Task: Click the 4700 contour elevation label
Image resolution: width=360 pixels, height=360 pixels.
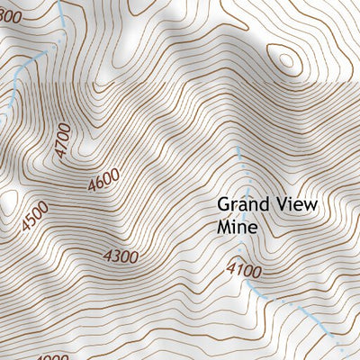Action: point(61,140)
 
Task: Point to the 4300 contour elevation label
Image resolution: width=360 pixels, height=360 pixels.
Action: point(121,256)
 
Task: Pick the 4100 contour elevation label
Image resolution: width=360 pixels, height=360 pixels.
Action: point(244,269)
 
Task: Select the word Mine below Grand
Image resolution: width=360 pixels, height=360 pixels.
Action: point(237,228)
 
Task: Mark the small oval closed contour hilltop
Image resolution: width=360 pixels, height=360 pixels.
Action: point(287,61)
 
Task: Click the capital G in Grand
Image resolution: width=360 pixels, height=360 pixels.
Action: point(224,205)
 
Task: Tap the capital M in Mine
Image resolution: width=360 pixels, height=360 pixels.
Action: point(224,228)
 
